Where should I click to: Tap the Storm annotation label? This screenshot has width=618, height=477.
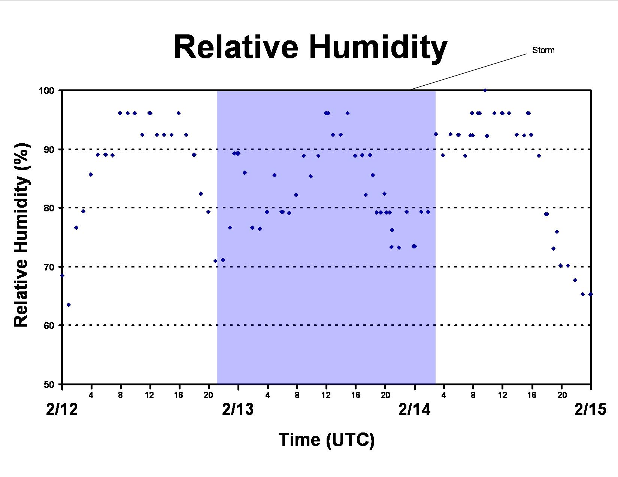pos(543,50)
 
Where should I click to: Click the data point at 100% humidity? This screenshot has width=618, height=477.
pos(485,90)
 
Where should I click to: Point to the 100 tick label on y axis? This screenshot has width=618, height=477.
pos(46,91)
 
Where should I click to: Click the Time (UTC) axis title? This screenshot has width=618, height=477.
pos(327,440)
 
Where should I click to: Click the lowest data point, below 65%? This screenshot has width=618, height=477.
pos(69,305)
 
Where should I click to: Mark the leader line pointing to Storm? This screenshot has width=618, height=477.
pos(468,72)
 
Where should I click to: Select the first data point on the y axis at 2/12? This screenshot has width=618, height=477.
pos(62,276)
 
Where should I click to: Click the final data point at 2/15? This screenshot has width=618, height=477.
pos(590,294)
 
